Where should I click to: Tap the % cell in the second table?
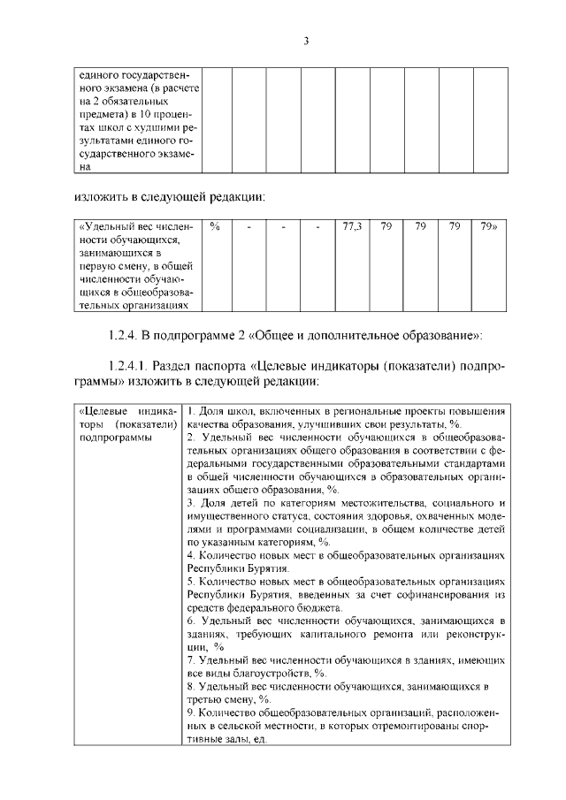click(215, 228)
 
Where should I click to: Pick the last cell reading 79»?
click(488, 228)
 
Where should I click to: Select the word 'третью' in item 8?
click(203, 698)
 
